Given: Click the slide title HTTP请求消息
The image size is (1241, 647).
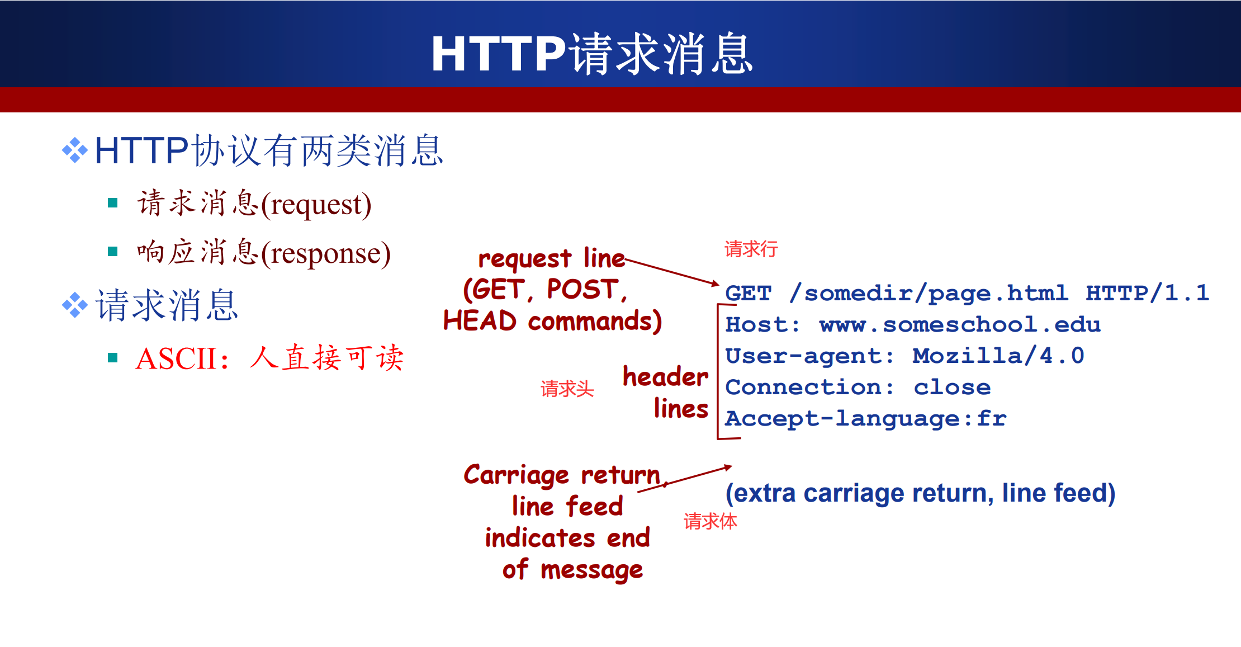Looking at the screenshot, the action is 592,54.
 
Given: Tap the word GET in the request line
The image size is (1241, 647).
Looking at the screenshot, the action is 749,293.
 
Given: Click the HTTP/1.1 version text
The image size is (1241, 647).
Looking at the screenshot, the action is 1147,292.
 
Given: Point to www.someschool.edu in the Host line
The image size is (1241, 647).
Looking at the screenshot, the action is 960,324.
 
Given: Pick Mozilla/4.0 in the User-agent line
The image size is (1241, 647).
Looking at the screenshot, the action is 998,356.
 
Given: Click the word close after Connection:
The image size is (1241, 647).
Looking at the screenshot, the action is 952,387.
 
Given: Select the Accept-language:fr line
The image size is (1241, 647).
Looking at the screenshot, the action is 865,419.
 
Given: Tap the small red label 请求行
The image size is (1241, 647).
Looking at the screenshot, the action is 751,249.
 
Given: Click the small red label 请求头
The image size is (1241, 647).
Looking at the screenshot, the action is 567,389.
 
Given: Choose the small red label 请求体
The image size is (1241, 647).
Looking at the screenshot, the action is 710,521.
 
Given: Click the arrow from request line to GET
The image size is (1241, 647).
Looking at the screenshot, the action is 672,272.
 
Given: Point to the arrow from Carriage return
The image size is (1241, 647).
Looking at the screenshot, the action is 685,479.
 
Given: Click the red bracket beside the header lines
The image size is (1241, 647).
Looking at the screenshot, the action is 718,372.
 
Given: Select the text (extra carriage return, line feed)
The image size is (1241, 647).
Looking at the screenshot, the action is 920,493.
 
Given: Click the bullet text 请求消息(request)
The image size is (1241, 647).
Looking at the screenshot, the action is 254,204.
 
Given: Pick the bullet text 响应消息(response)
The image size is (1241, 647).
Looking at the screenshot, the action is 264,252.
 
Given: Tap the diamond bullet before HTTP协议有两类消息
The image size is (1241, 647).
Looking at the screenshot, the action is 75,150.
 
